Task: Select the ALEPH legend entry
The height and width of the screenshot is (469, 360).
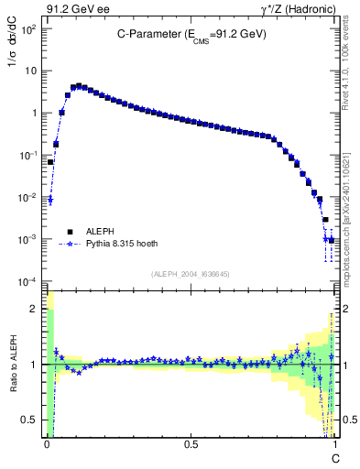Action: pyautogui.click(x=101, y=232)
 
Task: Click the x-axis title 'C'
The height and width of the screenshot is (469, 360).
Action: pyautogui.click(x=335, y=457)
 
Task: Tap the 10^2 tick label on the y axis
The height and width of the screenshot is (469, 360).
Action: pyautogui.click(x=27, y=28)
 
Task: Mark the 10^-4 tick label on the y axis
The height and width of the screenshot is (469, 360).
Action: pyautogui.click(x=27, y=281)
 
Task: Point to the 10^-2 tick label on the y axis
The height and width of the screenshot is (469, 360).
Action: pyautogui.click(x=27, y=197)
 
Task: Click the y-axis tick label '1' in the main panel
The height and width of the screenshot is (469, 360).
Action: pyautogui.click(x=33, y=113)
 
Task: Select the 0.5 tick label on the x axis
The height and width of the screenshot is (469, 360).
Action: pyautogui.click(x=191, y=443)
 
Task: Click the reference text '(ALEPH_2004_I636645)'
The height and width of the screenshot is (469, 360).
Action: pyautogui.click(x=190, y=273)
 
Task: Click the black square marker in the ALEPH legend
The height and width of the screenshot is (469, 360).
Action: pyautogui.click(x=69, y=232)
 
